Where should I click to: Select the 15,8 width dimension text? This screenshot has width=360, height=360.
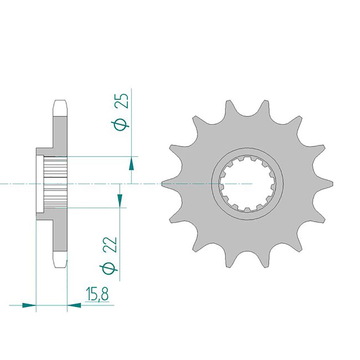pyautogui.click(x=97, y=294)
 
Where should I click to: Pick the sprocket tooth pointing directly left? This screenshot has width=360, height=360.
pyautogui.click(x=167, y=184)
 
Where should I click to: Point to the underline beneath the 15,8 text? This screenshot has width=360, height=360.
pyautogui.click(x=97, y=302)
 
